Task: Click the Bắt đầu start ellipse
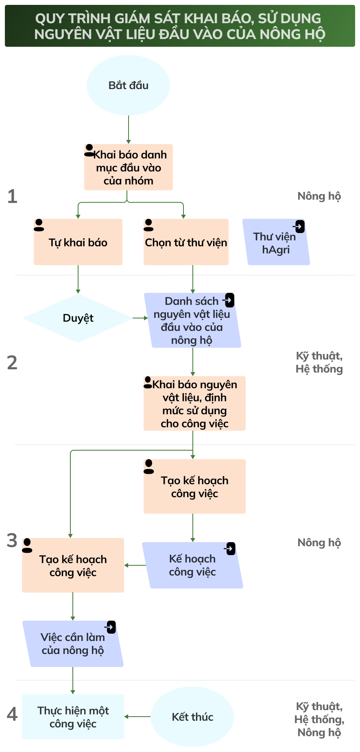[x=128, y=85]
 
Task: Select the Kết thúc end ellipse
[x=192, y=717]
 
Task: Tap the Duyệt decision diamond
[x=78, y=318]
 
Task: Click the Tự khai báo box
[x=78, y=243]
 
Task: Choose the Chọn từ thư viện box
[x=186, y=243]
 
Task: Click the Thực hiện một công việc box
[x=73, y=717]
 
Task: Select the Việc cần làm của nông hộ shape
[x=73, y=644]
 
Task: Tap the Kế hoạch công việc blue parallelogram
[x=192, y=566]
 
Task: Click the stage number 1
[x=13, y=196]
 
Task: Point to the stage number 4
[x=12, y=714]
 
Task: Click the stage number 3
[x=12, y=541]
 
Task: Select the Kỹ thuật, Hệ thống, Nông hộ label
[x=319, y=719]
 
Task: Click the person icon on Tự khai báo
[x=39, y=225]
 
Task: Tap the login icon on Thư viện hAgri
[x=299, y=226]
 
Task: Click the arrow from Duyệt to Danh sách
[x=140, y=318]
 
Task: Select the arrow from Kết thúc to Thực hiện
[x=137, y=717]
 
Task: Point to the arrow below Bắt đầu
[x=129, y=129]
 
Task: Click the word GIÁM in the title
[x=132, y=19]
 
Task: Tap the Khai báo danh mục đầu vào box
[x=129, y=168]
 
